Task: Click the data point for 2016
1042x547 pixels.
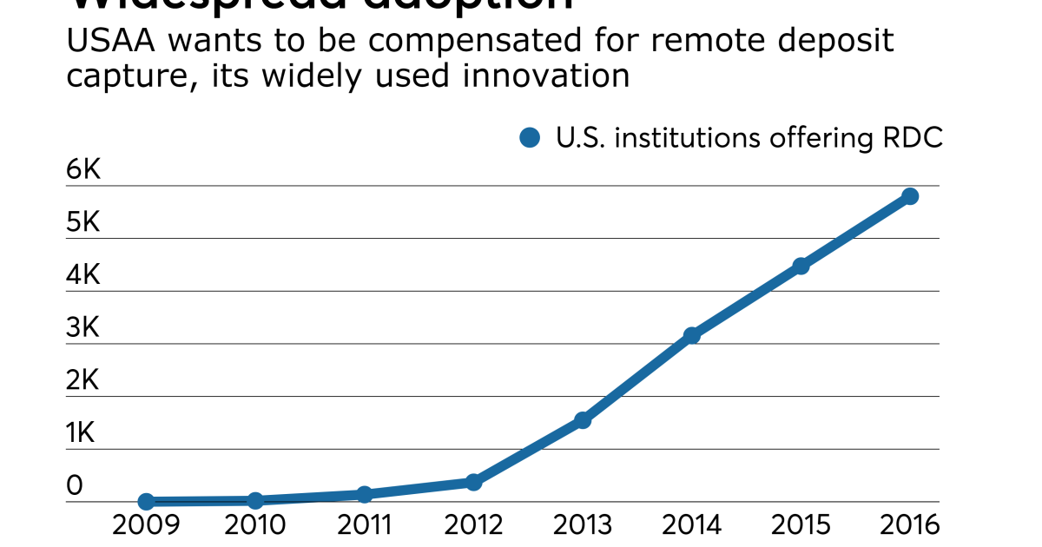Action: [x=910, y=196]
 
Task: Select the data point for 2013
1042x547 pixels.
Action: [x=583, y=420]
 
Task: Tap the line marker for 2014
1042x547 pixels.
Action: [x=692, y=335]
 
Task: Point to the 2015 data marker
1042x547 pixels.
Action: [x=801, y=266]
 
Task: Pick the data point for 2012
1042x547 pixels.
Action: [x=473, y=482]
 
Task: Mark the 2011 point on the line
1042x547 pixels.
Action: [x=365, y=494]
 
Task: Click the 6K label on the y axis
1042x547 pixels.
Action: [x=84, y=170]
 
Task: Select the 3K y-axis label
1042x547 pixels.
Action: [x=84, y=328]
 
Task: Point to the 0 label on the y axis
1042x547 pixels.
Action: [x=75, y=486]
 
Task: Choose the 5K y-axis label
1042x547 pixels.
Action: [x=84, y=223]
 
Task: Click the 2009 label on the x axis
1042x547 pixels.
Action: [x=147, y=525]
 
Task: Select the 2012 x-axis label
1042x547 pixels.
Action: [x=473, y=525]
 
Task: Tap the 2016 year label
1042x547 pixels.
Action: [x=909, y=525]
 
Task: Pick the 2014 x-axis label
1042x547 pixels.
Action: [x=692, y=525]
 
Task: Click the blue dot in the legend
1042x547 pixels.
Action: [x=530, y=137]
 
